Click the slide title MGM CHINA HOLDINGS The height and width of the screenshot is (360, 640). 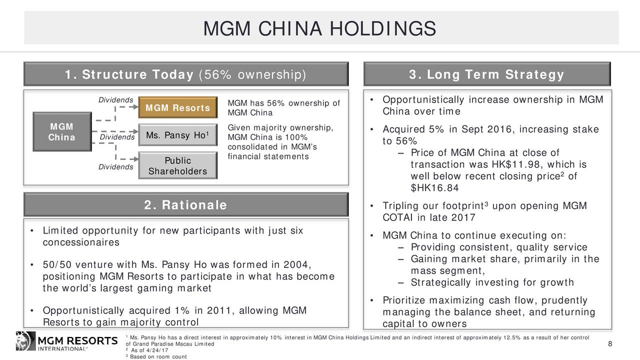(x=320, y=28)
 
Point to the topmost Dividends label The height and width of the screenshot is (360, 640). (x=115, y=99)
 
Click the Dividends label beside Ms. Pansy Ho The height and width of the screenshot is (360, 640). (x=117, y=137)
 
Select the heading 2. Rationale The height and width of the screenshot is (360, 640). (x=185, y=205)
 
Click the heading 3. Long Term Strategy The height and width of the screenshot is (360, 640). (x=486, y=75)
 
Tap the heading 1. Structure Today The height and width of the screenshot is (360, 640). (x=185, y=75)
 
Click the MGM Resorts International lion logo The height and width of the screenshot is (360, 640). (x=25, y=340)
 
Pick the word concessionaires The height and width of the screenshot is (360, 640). (x=80, y=242)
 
